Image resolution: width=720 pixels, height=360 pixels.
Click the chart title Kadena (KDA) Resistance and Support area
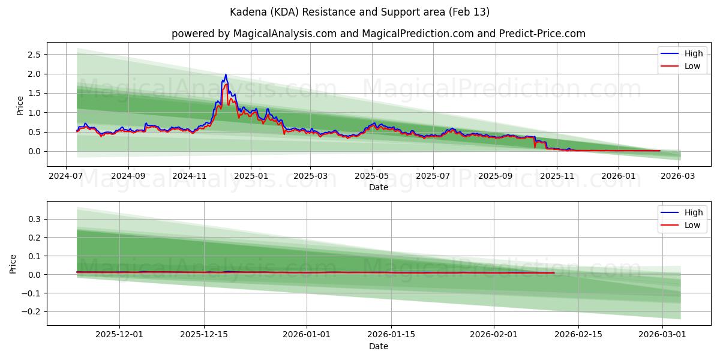360,12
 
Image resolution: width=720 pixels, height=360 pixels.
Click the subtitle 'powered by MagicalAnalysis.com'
254,34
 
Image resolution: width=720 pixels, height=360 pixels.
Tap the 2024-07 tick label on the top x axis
66,176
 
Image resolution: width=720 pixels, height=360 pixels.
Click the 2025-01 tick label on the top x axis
250,176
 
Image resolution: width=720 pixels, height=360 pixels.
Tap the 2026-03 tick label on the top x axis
680,176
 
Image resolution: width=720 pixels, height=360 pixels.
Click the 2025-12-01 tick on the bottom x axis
119,335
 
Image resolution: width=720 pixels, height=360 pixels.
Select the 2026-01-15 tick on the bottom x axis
391,335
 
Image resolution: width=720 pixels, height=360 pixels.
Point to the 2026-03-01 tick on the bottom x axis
662,335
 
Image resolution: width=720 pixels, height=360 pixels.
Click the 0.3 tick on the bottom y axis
34,220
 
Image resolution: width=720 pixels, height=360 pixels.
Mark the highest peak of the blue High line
226,74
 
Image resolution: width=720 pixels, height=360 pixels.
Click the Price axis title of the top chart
20,105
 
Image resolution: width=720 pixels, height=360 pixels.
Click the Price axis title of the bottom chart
13,263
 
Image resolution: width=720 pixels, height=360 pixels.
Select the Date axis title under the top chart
378,187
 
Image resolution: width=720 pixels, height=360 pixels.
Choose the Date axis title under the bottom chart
378,346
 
